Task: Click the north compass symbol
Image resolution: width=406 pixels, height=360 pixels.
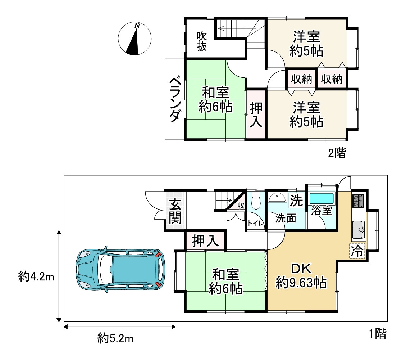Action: pyautogui.click(x=134, y=39)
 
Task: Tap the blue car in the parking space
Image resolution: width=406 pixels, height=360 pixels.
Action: pyautogui.click(x=120, y=270)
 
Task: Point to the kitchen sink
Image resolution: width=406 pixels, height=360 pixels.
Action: pyautogui.click(x=359, y=230)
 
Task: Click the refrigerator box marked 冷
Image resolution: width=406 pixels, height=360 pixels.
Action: pyautogui.click(x=357, y=251)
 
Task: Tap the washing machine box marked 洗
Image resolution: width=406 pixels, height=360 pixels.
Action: pyautogui.click(x=296, y=201)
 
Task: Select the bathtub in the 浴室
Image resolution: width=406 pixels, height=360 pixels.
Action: pyautogui.click(x=322, y=198)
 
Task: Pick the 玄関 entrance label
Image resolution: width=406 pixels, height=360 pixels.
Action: pyautogui.click(x=175, y=211)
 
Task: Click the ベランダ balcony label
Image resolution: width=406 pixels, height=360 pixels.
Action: pyautogui.click(x=175, y=99)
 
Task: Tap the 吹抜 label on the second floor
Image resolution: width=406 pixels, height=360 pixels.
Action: pyautogui.click(x=202, y=41)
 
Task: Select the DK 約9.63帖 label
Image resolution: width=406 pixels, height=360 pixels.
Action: pyautogui.click(x=301, y=276)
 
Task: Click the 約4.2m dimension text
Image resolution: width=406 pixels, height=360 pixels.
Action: pyautogui.click(x=36, y=277)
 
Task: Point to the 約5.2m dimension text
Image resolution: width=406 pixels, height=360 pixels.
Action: pyautogui.click(x=115, y=338)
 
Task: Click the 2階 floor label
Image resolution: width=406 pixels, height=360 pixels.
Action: pyautogui.click(x=337, y=153)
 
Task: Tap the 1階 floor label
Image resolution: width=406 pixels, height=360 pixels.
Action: pyautogui.click(x=378, y=334)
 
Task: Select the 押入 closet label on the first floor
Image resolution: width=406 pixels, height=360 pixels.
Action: pyautogui.click(x=206, y=241)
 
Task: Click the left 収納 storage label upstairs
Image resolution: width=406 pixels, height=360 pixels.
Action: pyautogui.click(x=301, y=79)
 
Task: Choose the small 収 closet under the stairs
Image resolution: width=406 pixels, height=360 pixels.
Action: pyautogui.click(x=241, y=206)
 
